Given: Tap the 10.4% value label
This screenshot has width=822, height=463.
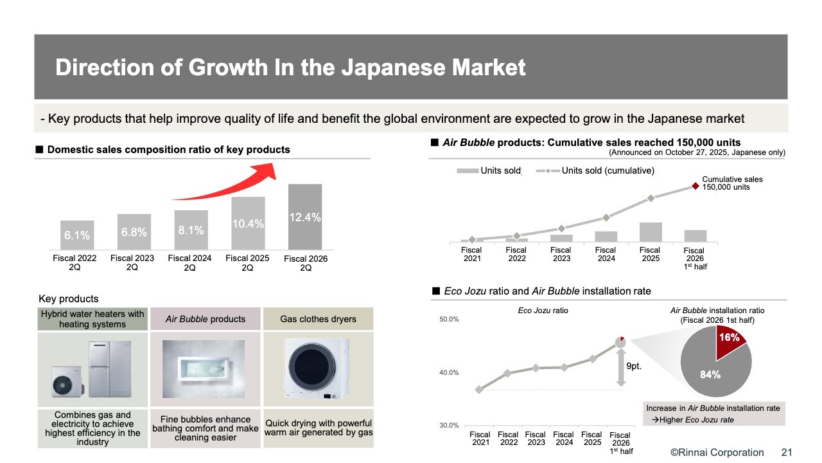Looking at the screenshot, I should click(247, 224).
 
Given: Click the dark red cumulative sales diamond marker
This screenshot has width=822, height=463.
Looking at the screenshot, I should click(695, 186).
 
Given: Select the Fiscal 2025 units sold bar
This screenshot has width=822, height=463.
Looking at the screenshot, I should click(650, 232).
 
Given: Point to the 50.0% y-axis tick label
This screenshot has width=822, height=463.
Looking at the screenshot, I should click(449, 320).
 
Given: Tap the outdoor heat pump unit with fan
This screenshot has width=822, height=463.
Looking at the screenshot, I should click(67, 383).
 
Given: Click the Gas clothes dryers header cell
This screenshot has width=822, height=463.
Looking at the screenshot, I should click(318, 320).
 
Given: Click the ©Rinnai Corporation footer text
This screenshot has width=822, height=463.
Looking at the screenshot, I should click(717, 453).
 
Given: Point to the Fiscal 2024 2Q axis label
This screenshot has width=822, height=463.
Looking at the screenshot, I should click(189, 263).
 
